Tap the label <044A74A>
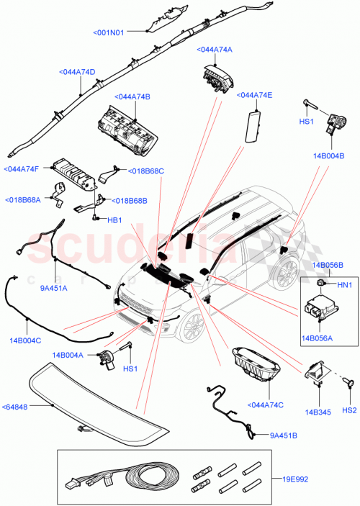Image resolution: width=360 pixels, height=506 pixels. coord(215,50)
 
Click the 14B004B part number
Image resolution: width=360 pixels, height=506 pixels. coord(328,155)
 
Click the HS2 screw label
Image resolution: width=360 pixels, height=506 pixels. coord(348,410)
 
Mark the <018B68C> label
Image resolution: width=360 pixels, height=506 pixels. coord(146,171)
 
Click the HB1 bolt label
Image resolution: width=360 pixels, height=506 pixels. coord(114,220)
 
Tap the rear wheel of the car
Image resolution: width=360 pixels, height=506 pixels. coord(285,273)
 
